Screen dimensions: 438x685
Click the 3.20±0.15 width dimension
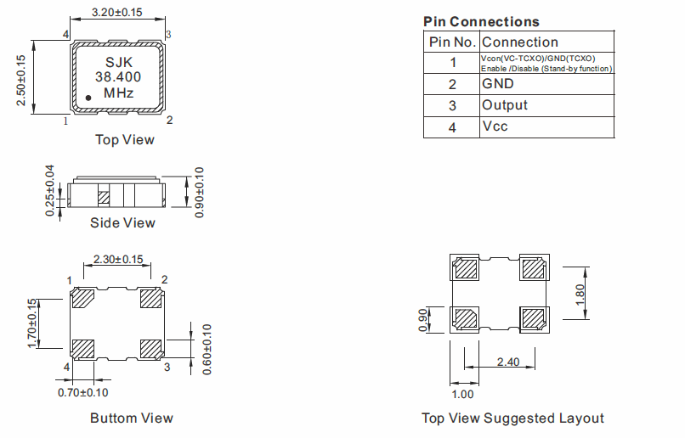tap(117, 14)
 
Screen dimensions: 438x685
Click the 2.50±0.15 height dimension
tap(21, 76)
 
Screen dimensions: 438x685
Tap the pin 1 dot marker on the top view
tap(88, 98)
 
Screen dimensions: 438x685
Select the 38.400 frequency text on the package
tap(117, 77)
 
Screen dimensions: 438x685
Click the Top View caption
tap(124, 139)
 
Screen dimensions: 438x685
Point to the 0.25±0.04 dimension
tap(49, 191)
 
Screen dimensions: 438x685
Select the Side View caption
tap(122, 222)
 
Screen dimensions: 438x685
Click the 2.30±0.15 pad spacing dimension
tap(118, 259)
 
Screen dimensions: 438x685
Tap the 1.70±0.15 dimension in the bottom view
tap(32, 323)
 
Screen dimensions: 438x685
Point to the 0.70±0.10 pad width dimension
tap(82, 392)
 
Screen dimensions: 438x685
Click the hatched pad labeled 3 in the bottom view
tap(151, 348)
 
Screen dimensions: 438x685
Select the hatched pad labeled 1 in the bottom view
tap(83, 299)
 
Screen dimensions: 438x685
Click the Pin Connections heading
tap(480, 21)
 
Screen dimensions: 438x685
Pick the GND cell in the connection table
tap(497, 84)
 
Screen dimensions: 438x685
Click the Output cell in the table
tap(504, 105)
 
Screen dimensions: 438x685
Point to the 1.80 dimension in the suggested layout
tap(580, 294)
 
